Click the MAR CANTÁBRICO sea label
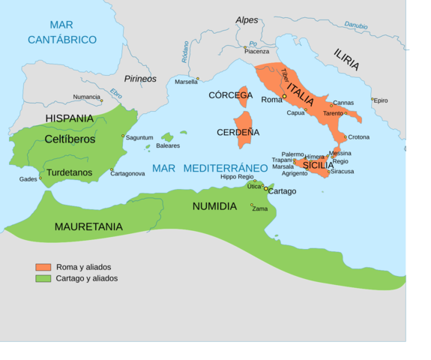tap(62, 32)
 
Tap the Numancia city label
tap(87, 97)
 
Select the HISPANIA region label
tap(70, 118)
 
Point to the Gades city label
tap(28, 179)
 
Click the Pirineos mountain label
tap(139, 78)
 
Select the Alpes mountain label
tap(247, 20)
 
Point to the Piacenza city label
tap(256, 51)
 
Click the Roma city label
tap(271, 99)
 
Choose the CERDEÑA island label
tap(238, 132)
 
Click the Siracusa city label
tap(343, 171)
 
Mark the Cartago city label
tap(282, 191)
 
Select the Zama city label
tap(259, 208)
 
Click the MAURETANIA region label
tap(88, 226)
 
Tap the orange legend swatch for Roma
tap(43, 267)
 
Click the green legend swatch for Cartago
tap(43, 278)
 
